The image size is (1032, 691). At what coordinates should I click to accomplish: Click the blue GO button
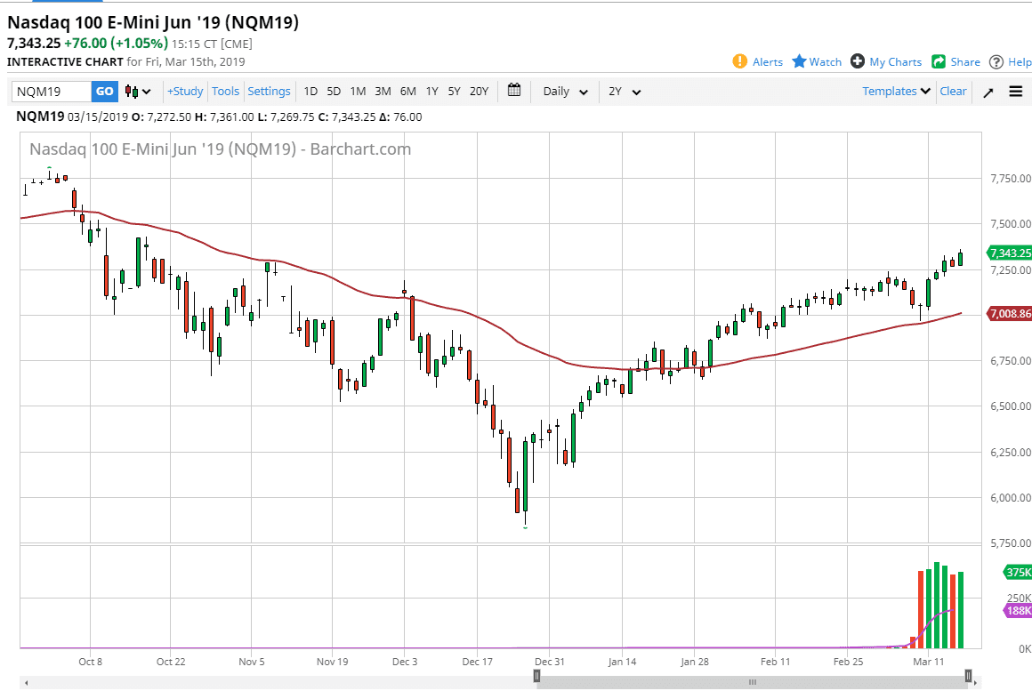pos(104,91)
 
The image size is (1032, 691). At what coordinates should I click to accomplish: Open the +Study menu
pos(185,91)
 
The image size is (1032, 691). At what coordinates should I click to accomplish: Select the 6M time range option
pos(407,91)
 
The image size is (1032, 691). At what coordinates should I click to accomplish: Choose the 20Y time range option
pos(479,91)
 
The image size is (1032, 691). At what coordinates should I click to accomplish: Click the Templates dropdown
pos(896,91)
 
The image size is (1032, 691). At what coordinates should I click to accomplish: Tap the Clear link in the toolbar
pos(953,91)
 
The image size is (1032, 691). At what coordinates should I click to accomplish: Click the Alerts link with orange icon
pos(758,61)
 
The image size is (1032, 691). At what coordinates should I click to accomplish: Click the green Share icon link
pos(956,61)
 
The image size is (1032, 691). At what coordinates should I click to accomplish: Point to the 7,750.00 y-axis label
pos(1010,179)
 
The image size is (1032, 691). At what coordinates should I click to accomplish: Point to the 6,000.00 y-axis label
pos(1010,497)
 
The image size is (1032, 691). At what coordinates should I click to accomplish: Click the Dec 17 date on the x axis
pos(478,662)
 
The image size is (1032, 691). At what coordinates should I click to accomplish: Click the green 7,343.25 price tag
pos(1010,253)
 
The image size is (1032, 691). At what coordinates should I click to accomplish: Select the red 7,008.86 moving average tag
pos(1010,314)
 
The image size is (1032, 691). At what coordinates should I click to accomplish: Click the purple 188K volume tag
pos(1018,611)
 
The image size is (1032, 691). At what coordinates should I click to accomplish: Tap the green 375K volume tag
pos(1018,572)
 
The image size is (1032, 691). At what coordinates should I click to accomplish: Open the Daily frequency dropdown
pos(566,91)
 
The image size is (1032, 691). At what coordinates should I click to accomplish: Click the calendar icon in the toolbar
pos(514,90)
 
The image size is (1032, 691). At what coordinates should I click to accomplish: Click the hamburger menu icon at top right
pos(1016,91)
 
